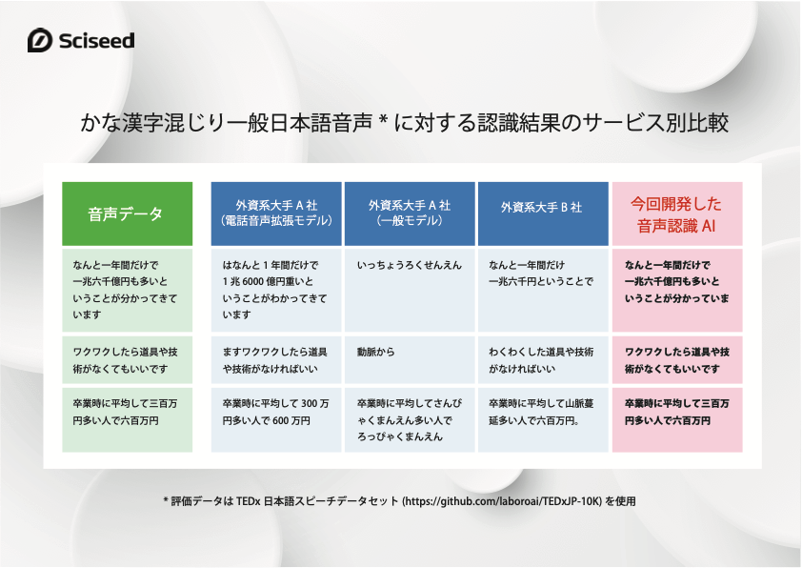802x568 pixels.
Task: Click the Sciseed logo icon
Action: [x=40, y=40]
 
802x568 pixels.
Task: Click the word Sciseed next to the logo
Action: [x=96, y=40]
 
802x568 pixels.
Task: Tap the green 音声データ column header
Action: [x=128, y=213]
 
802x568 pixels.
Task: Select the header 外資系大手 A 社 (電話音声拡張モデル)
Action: [x=276, y=213]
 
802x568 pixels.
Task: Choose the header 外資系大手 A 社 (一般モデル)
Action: [x=410, y=213]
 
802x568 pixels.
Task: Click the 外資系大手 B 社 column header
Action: [x=543, y=213]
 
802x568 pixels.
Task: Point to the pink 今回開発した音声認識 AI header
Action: [x=677, y=213]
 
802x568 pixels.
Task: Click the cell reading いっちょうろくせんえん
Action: [x=410, y=290]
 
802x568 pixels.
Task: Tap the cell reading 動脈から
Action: [x=410, y=359]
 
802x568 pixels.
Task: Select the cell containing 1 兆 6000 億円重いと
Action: [x=276, y=290]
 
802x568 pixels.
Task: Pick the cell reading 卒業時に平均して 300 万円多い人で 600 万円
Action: [x=276, y=420]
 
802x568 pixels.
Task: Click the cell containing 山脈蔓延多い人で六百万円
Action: [x=543, y=420]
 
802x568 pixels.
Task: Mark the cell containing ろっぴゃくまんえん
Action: [x=410, y=420]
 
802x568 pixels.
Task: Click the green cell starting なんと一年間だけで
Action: [x=128, y=290]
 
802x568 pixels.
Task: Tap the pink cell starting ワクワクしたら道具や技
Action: [x=677, y=359]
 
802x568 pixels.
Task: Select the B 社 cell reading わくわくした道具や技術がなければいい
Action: [x=543, y=359]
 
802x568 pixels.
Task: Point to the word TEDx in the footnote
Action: [x=248, y=501]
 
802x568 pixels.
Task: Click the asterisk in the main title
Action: [x=383, y=121]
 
